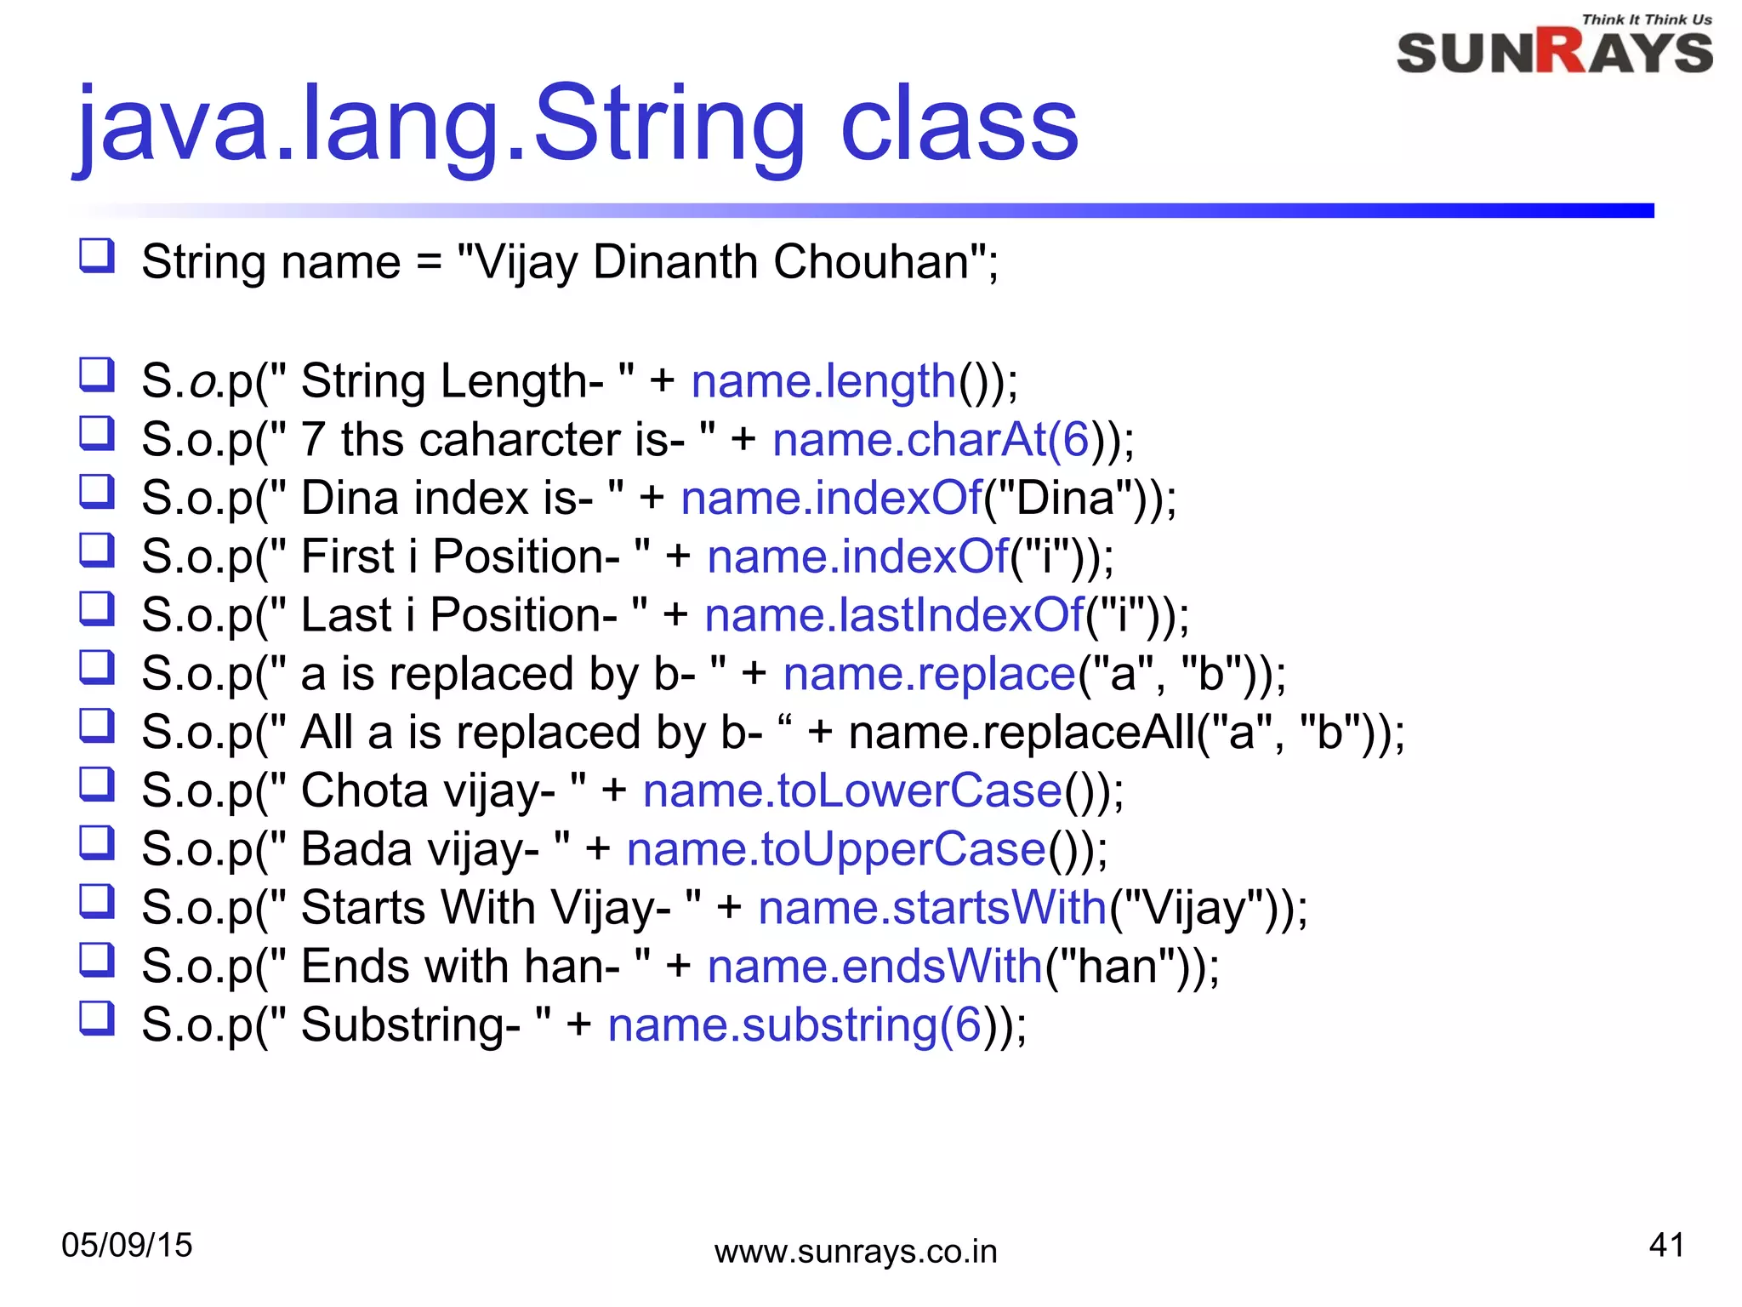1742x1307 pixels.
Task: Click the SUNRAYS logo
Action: click(x=1554, y=52)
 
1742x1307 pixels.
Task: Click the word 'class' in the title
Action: click(x=959, y=125)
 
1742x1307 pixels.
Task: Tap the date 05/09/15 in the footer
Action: click(x=127, y=1245)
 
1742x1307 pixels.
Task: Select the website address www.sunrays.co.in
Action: click(x=856, y=1252)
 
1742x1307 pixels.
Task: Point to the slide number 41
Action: click(x=1666, y=1245)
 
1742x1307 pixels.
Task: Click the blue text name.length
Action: click(x=823, y=380)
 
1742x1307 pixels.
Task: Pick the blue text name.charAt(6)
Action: click(x=931, y=440)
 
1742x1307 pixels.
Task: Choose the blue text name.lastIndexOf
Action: click(x=894, y=614)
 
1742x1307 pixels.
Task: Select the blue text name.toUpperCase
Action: click(x=836, y=849)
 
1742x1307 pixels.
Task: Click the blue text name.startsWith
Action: click(x=932, y=907)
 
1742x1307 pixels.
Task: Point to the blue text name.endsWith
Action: click(x=875, y=967)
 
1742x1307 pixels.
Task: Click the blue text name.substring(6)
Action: click(x=795, y=1024)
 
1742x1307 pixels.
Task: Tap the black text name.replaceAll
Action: click(x=1022, y=733)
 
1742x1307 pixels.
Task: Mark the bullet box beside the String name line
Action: click(x=96, y=254)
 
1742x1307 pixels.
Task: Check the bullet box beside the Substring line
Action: click(x=96, y=1018)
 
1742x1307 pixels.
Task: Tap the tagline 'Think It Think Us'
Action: click(x=1647, y=19)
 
